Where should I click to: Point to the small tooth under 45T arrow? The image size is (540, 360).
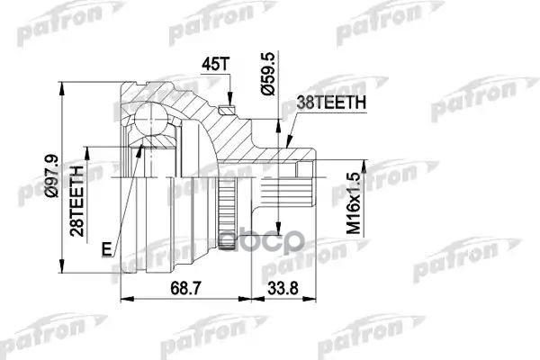pyautogui.click(x=229, y=109)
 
